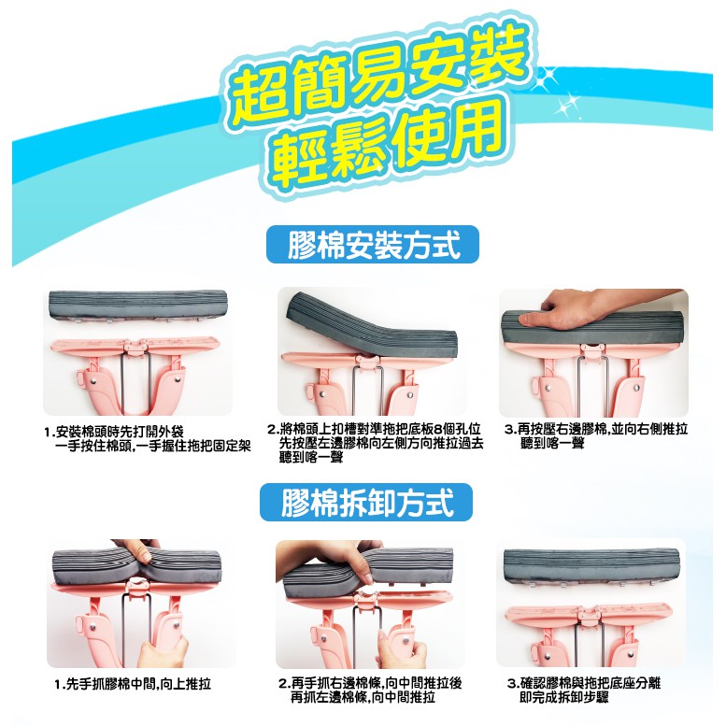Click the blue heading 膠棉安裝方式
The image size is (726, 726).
click(x=373, y=245)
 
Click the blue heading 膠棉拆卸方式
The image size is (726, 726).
click(x=366, y=503)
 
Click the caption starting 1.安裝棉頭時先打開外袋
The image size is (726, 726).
click(x=148, y=438)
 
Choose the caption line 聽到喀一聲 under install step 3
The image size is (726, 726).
click(x=552, y=444)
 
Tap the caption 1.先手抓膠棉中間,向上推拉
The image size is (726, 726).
click(x=133, y=683)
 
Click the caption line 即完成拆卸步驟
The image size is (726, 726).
click(x=564, y=697)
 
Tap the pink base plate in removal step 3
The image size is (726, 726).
click(x=588, y=617)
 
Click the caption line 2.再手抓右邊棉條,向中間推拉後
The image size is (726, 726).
click(x=370, y=683)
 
